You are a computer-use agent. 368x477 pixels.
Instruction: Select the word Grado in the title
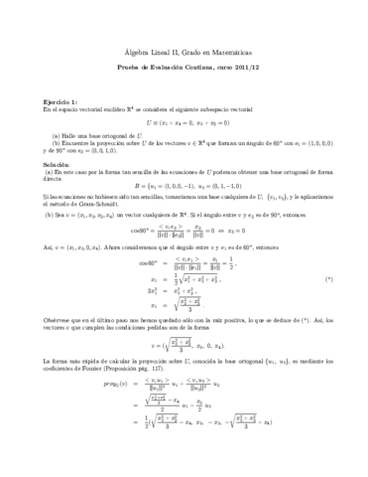click(x=185, y=36)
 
